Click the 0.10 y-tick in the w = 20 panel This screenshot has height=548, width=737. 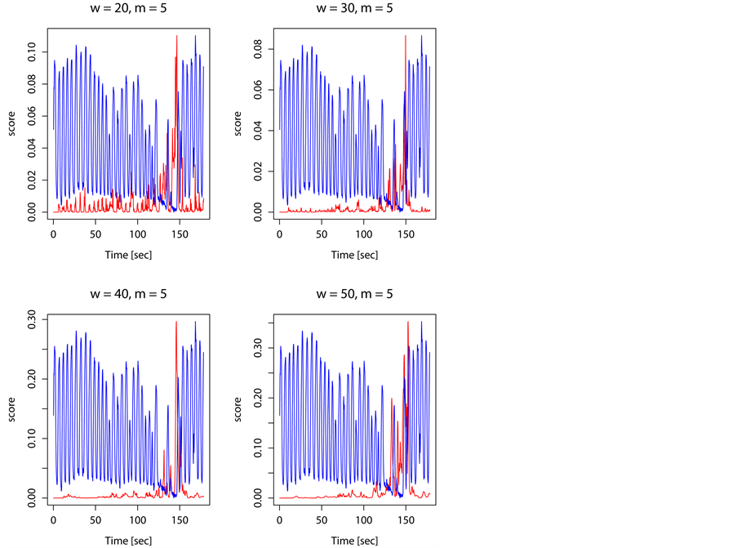[33, 53]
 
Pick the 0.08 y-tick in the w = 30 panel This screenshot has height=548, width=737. [259, 50]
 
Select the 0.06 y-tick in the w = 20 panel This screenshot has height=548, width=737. [33, 117]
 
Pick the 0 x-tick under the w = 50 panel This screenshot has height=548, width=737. [279, 519]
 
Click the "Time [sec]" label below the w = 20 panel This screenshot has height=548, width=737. [128, 255]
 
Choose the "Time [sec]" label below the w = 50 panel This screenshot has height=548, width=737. [355, 539]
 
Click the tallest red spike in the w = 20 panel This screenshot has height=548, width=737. [176, 38]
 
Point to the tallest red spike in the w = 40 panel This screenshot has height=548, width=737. [176, 323]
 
